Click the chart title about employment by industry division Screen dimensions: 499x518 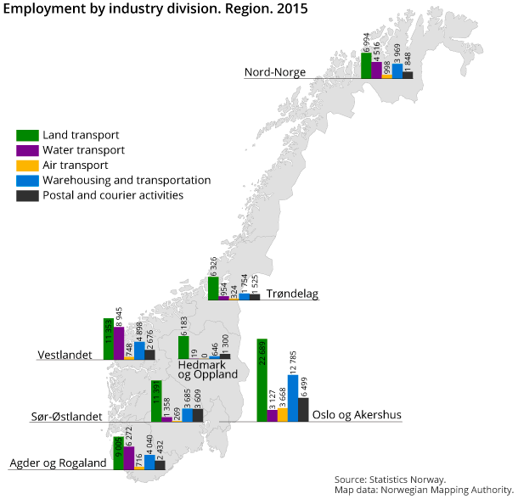156,9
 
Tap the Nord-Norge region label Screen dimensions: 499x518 275,72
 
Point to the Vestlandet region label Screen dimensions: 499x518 65,354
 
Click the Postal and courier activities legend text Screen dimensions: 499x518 113,195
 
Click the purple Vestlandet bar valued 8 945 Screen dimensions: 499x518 119,344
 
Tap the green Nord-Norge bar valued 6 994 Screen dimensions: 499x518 366,66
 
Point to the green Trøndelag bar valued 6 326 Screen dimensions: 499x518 213,289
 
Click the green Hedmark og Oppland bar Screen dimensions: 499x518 183,348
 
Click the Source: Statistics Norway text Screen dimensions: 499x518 390,479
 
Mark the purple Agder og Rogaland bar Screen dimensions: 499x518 129,458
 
